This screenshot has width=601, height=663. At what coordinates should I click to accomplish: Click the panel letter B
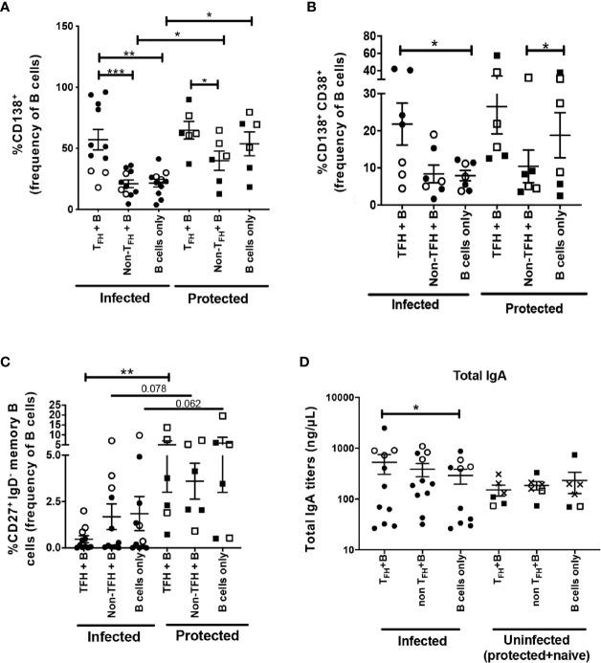tap(312, 9)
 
